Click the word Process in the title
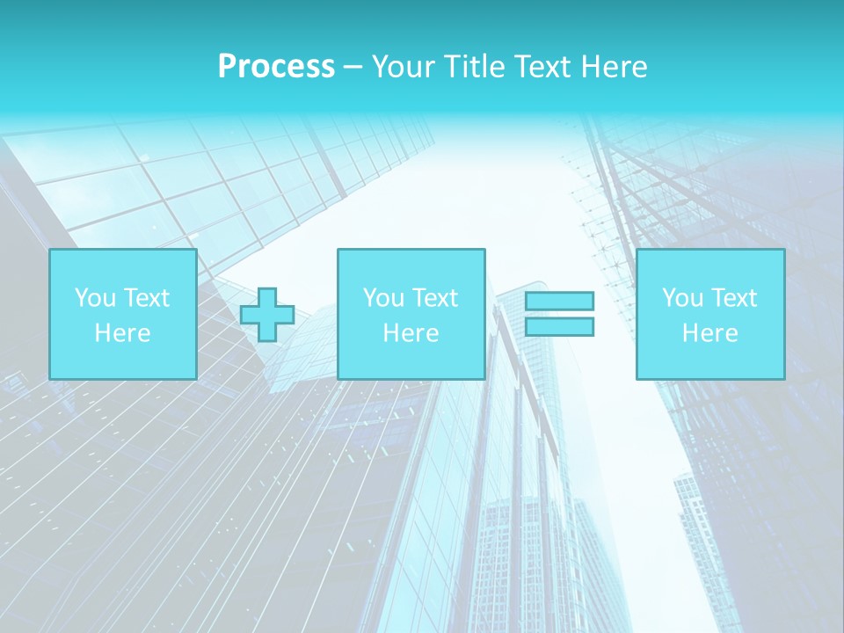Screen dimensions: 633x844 coord(276,67)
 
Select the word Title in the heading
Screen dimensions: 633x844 coord(475,67)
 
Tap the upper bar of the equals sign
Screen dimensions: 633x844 coord(559,302)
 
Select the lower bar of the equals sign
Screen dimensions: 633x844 coord(559,327)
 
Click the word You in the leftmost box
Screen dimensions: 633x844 coord(94,298)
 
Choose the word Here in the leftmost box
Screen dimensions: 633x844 coord(122,333)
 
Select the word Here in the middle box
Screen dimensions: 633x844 coord(411,333)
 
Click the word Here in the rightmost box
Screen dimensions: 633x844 coord(709,333)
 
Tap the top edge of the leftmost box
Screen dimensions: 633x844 coord(122,250)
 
